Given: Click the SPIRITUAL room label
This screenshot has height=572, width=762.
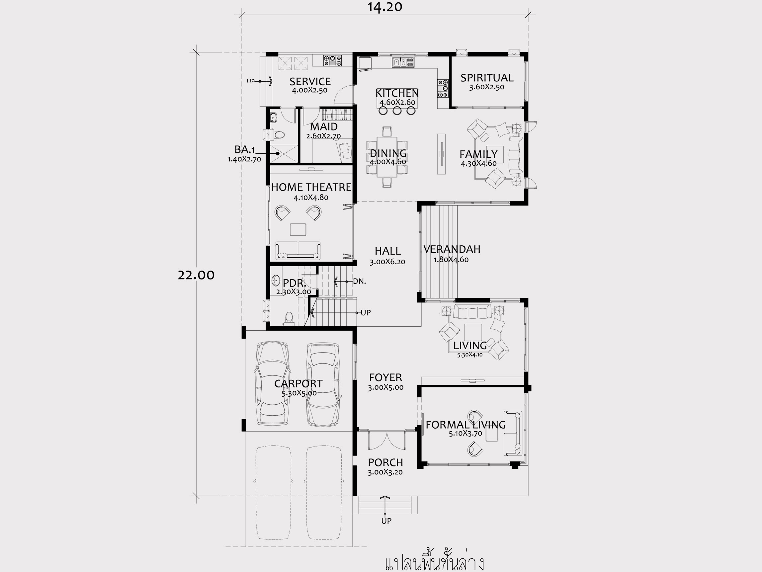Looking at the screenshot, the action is pos(487,78).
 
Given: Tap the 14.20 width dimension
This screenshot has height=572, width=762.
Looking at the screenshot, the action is pos(385,7).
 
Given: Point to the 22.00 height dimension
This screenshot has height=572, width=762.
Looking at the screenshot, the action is pos(196,275).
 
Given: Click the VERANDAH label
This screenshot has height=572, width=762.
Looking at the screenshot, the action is pos(452,249).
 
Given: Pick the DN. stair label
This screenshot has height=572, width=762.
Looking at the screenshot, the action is pos(359,281).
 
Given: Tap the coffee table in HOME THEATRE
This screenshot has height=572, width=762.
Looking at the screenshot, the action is pos(298,229).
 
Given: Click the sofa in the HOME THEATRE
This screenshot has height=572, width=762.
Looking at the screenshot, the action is pos(298,250).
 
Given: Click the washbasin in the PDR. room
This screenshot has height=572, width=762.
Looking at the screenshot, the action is pos(276,281).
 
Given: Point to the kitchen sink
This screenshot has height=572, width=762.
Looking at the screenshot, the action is pos(403,62).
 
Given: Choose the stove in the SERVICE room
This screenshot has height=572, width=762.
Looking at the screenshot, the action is pos(332,61).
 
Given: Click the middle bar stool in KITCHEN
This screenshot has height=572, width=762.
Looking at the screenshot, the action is pos(397,111).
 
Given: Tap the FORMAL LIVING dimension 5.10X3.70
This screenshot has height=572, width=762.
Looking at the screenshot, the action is pos(465,434).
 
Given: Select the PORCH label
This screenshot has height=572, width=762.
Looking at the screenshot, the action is pos(385,462).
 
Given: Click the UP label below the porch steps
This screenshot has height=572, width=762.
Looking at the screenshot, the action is pos(386,521).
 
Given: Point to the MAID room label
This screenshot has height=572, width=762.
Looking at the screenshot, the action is pos(324,127).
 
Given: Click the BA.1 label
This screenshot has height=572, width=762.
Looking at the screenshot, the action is pos(245,149).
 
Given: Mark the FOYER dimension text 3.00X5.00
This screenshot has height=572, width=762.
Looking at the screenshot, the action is pos(385,387).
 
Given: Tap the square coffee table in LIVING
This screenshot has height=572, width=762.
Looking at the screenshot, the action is pos(473,332).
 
